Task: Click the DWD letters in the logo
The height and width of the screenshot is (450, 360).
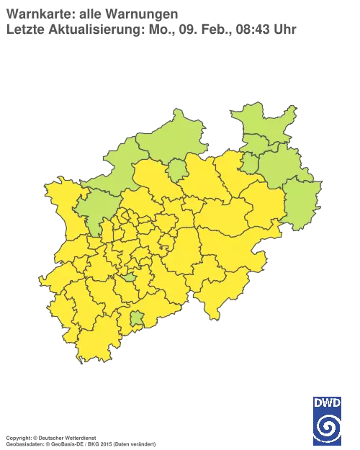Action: (328, 402)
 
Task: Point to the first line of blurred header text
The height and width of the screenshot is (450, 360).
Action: (94, 12)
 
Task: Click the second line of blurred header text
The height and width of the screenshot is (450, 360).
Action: (151, 30)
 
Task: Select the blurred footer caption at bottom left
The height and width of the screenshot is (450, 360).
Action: (79, 437)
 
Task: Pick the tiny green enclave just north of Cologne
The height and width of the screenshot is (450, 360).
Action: (129, 276)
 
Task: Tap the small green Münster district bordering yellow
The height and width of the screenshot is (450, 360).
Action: (176, 170)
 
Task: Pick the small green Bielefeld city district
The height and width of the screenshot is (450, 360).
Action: (250, 164)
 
